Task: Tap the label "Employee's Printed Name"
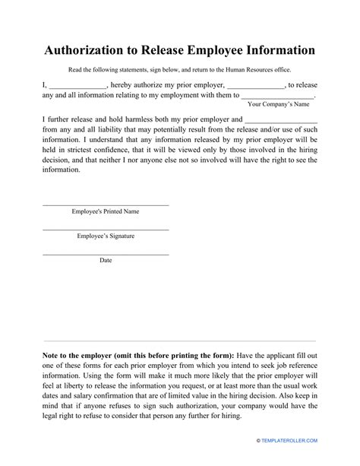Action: (x=106, y=211)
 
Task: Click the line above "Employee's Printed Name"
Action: (x=106, y=204)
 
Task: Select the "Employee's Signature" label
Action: (x=106, y=236)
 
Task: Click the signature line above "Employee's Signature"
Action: (x=106, y=230)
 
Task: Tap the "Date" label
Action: (x=106, y=260)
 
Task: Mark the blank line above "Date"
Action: (x=106, y=254)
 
